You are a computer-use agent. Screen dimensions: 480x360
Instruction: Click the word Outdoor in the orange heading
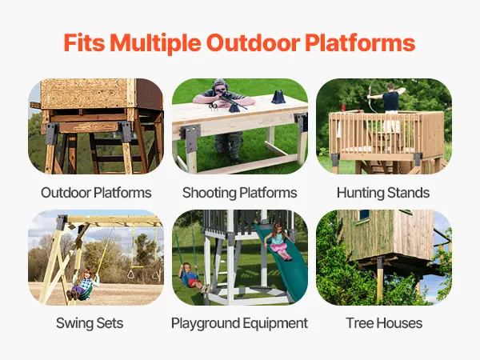[253, 43]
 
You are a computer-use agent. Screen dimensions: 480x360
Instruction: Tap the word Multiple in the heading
[155, 43]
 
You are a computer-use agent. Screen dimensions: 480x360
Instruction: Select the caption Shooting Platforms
[240, 193]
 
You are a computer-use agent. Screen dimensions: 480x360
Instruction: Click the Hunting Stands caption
[383, 193]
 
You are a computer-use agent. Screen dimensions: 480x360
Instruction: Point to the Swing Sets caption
[90, 323]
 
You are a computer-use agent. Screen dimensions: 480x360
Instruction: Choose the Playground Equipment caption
[239, 324]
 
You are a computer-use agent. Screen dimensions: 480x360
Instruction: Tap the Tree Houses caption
[384, 323]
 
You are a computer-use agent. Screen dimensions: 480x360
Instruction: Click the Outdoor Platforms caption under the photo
[96, 193]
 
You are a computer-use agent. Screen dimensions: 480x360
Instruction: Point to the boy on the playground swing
[192, 278]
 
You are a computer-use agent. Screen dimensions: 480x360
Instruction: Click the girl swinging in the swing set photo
[85, 284]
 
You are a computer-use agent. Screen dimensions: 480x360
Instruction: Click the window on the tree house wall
[364, 214]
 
